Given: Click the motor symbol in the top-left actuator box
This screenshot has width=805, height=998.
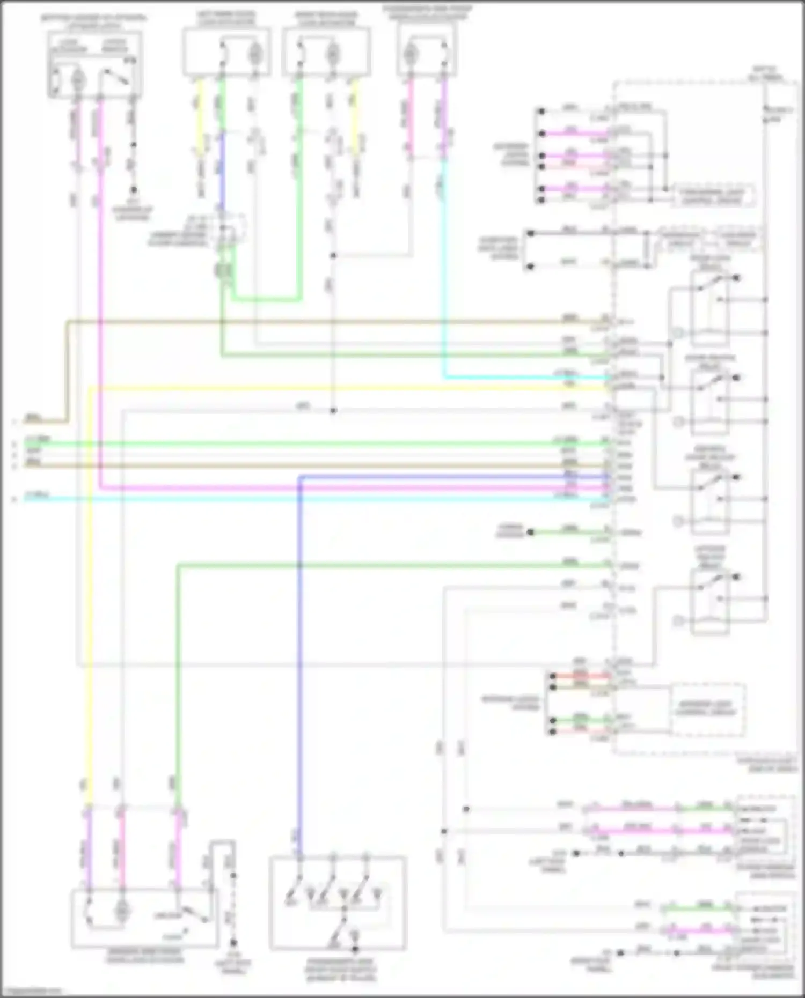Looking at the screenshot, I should (77, 80).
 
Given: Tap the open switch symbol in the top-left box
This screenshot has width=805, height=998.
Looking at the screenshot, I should (115, 78).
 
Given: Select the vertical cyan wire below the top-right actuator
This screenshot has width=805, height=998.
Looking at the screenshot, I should (444, 268).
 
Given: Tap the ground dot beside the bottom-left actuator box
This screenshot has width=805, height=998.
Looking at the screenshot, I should (233, 942).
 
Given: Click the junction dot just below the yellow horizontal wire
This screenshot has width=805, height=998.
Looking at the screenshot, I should (333, 411).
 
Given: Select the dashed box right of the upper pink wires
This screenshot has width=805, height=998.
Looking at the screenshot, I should (714, 195).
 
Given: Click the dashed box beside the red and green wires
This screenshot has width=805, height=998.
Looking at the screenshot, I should (707, 709).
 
